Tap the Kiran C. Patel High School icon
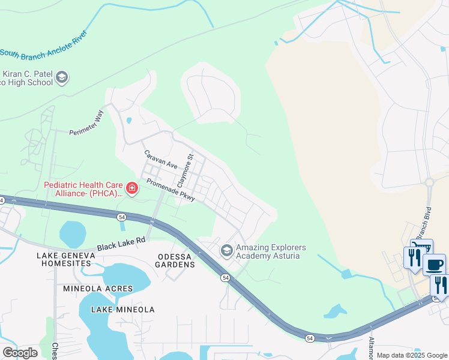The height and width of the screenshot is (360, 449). click(62, 77)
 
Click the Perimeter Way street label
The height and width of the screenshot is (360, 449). click(87, 123)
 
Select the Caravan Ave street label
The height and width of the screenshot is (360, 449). click(160, 159)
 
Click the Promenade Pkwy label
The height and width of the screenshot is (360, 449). click(170, 189)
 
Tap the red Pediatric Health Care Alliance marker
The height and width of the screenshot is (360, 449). click(131, 189)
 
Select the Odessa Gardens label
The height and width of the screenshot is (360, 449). click(174, 261)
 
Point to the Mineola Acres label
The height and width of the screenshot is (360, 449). click(98, 289)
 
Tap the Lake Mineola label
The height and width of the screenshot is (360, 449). click(122, 310)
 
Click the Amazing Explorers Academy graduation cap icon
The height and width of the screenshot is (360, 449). click(227, 250)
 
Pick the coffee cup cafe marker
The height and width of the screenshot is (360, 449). click(435, 264)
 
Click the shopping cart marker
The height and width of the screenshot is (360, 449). click(421, 247)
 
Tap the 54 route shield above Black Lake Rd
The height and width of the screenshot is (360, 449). click(122, 216)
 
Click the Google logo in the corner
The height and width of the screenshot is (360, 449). click(20, 353)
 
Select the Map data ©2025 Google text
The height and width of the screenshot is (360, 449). click(412, 355)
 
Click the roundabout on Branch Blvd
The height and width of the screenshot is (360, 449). click(429, 182)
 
